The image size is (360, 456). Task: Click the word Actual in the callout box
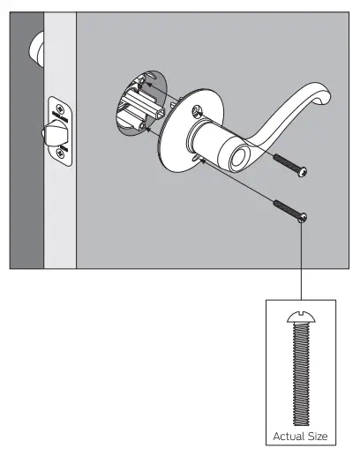(287, 436)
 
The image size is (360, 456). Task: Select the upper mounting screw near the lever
(288, 164)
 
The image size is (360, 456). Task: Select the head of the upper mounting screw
(304, 170)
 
